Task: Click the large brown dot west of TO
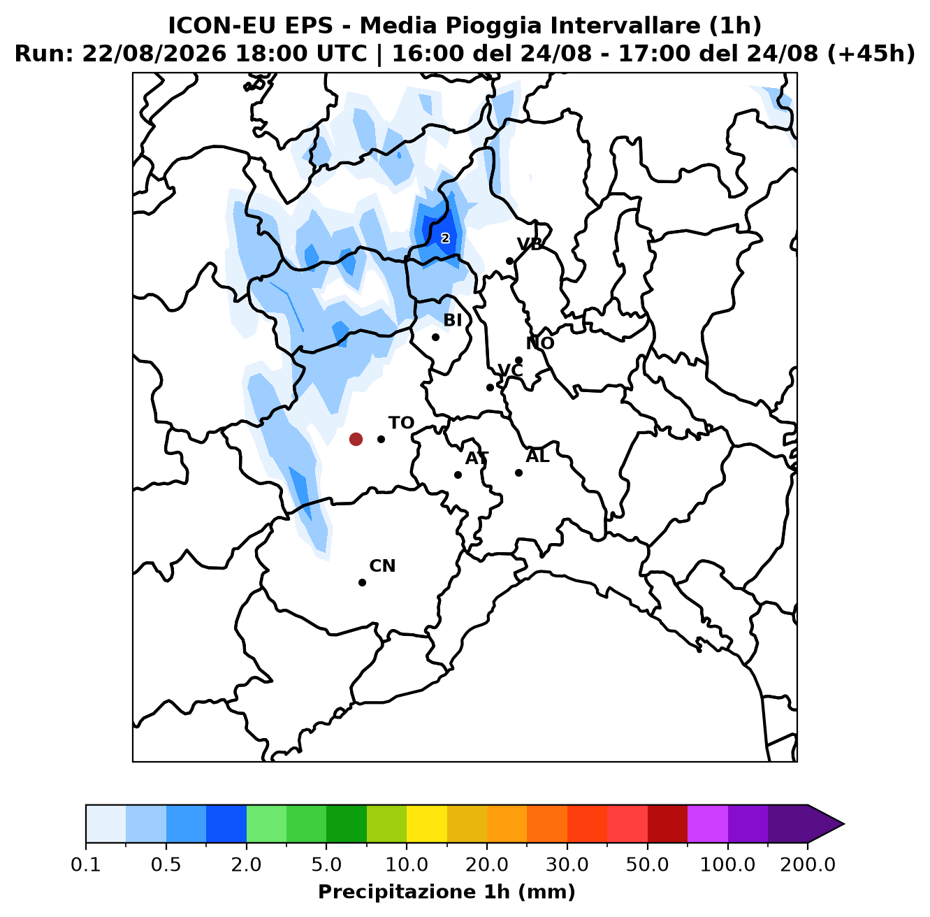(x=356, y=439)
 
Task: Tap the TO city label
(x=401, y=423)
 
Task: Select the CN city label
(x=382, y=565)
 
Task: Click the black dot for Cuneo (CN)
(x=362, y=582)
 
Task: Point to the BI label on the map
(x=453, y=319)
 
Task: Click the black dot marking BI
(x=435, y=337)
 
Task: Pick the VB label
(x=530, y=244)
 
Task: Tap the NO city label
(x=540, y=343)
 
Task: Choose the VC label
(x=510, y=370)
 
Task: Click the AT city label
(x=477, y=458)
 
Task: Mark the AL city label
(x=537, y=456)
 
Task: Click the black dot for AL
(x=518, y=472)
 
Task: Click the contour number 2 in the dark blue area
(x=445, y=238)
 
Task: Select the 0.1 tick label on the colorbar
(x=86, y=864)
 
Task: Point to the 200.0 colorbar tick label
(x=808, y=864)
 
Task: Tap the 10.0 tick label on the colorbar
(x=407, y=864)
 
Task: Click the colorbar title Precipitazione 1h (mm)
(x=446, y=891)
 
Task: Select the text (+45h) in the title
(x=871, y=53)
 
